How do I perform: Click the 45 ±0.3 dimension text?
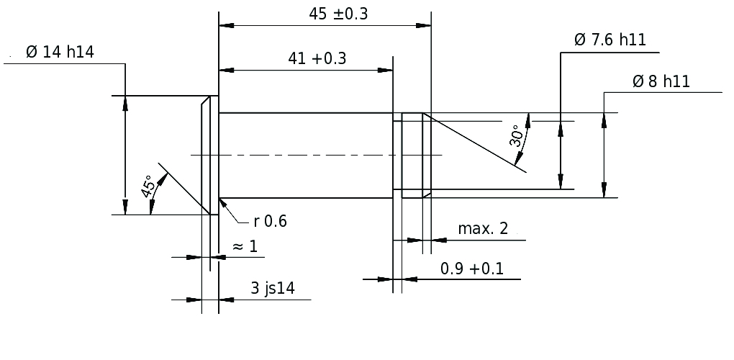pos(338,14)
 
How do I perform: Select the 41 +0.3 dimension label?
pos(317,58)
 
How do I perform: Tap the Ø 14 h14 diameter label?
pos(60,52)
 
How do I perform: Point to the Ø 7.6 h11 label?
pos(610,40)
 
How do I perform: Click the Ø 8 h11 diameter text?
pos(661,81)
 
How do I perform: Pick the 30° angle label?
pos(517,136)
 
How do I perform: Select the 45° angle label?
pos(148,186)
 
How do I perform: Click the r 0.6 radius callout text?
pos(270,221)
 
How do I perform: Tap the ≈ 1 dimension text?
pos(245,246)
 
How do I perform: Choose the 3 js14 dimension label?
pos(273,289)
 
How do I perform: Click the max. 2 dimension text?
pos(483,228)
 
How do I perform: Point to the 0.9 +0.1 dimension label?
pos(472,269)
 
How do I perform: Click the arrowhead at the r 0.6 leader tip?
pos(223,203)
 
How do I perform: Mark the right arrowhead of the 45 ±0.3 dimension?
pos(424,26)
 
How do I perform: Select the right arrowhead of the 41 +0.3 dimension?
pos(385,71)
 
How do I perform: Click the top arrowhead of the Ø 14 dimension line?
pos(125,104)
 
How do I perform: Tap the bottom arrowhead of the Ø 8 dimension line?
pos(604,190)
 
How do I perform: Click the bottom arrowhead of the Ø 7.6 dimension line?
pos(561,181)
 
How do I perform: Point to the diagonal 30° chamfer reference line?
pos(474,143)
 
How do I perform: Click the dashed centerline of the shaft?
pos(317,155)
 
